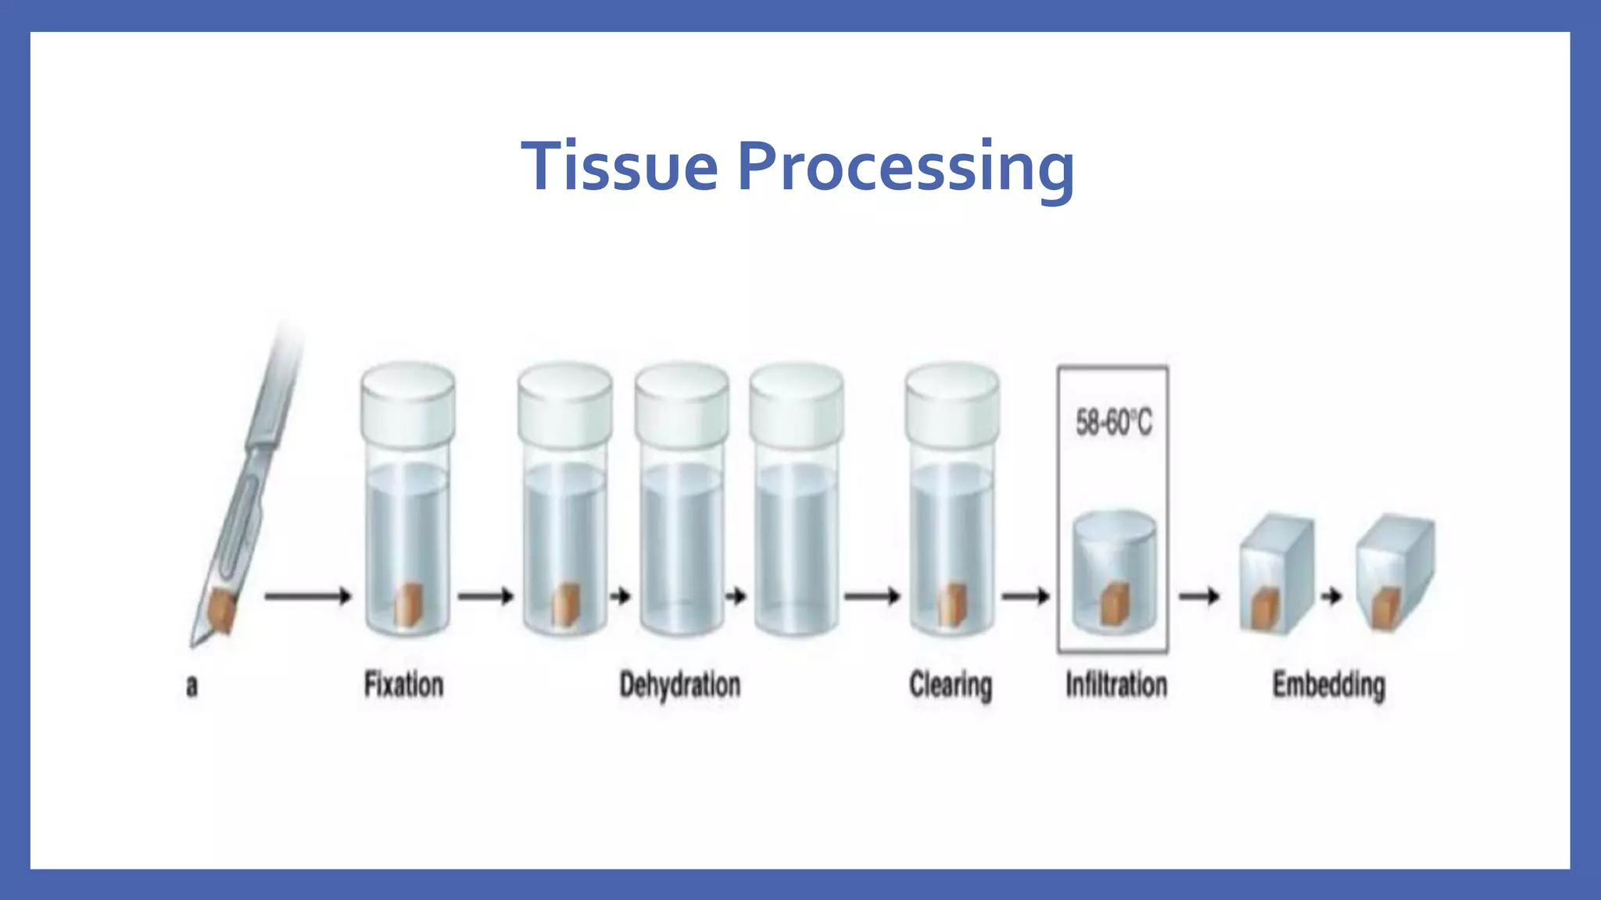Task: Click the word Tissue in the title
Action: pyautogui.click(x=619, y=166)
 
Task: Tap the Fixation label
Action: pyautogui.click(x=403, y=685)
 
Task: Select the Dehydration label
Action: pyautogui.click(x=679, y=685)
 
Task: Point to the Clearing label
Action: pyautogui.click(x=950, y=686)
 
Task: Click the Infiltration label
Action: pyautogui.click(x=1116, y=685)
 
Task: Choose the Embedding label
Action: pyautogui.click(x=1328, y=685)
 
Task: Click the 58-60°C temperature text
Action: pyautogui.click(x=1113, y=423)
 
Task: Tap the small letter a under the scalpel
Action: pyautogui.click(x=192, y=687)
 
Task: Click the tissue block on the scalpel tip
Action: pyautogui.click(x=222, y=612)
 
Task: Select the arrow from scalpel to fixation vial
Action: pyautogui.click(x=307, y=597)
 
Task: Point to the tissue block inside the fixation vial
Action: pyautogui.click(x=408, y=605)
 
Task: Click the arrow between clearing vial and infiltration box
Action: pyautogui.click(x=1026, y=597)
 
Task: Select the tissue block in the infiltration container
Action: pyautogui.click(x=1113, y=605)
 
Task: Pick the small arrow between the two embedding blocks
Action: pyautogui.click(x=1331, y=597)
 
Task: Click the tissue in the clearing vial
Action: pyautogui.click(x=951, y=605)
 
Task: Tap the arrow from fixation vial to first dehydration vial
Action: pyautogui.click(x=485, y=597)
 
